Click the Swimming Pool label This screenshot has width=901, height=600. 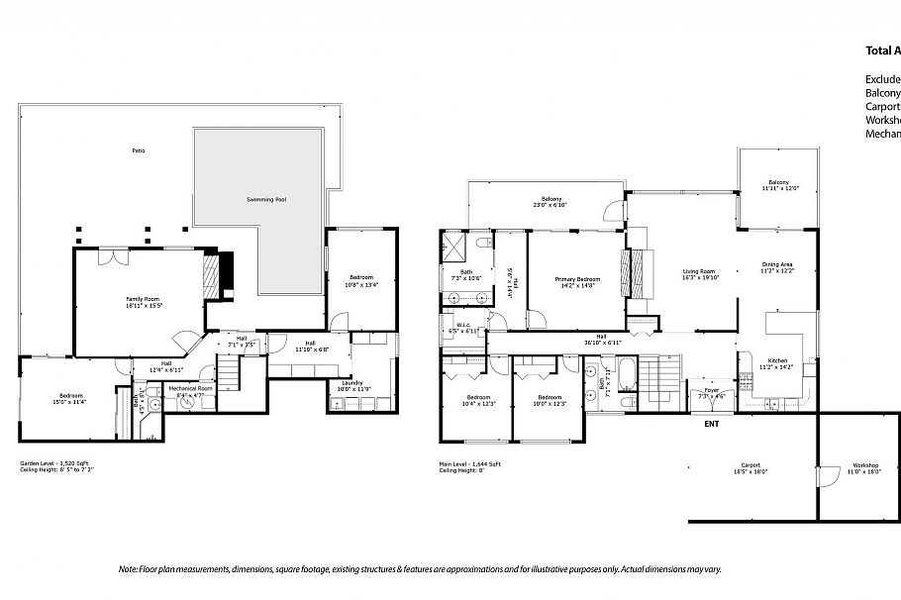[x=266, y=200]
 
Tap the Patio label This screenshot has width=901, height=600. [x=139, y=150]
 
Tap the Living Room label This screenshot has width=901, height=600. [x=699, y=274]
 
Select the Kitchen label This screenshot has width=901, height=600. [x=771, y=362]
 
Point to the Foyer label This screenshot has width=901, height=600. [x=712, y=392]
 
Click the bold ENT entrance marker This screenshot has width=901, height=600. [x=711, y=424]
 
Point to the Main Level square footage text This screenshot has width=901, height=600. [x=470, y=462]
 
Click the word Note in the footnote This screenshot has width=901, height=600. [x=127, y=569]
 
